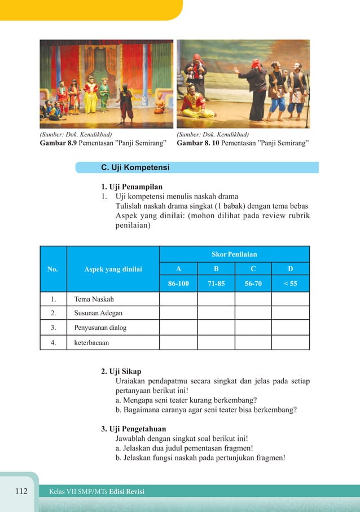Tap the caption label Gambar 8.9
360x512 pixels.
(58, 143)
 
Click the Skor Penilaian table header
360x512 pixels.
(234, 254)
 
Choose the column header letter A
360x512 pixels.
(178, 269)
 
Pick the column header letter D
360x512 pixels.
(291, 269)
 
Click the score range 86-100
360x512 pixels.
(178, 284)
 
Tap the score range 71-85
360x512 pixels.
(216, 284)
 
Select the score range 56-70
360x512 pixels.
(253, 284)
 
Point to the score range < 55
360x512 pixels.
(291, 284)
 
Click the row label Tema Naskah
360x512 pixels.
(90, 299)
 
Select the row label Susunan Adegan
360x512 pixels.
(94, 313)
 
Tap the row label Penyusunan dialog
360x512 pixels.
(96, 328)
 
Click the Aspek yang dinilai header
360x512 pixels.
(113, 270)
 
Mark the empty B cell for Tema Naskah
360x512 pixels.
(216, 299)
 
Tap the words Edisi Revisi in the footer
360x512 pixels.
(127, 492)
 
